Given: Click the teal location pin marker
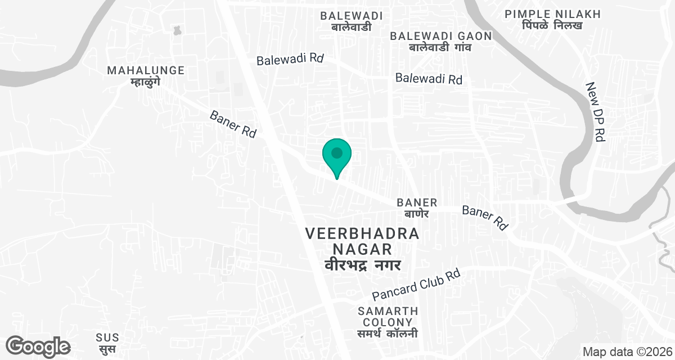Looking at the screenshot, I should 337,155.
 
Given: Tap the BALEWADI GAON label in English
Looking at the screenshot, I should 442,36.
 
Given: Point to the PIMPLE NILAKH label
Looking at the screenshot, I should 552,14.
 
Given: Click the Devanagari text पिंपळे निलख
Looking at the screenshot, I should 552,26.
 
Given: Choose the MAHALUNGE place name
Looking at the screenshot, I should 146,70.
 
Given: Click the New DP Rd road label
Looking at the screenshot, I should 595,112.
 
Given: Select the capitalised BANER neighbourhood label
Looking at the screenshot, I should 417,202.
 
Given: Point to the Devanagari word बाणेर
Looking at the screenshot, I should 417,214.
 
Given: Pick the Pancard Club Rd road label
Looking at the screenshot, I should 417,285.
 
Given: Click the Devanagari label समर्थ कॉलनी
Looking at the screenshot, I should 388,334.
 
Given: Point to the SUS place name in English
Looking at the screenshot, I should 107,337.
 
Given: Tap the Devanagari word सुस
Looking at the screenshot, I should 107,349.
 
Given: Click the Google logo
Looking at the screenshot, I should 38,346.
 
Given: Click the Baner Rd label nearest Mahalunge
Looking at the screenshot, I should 233,124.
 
